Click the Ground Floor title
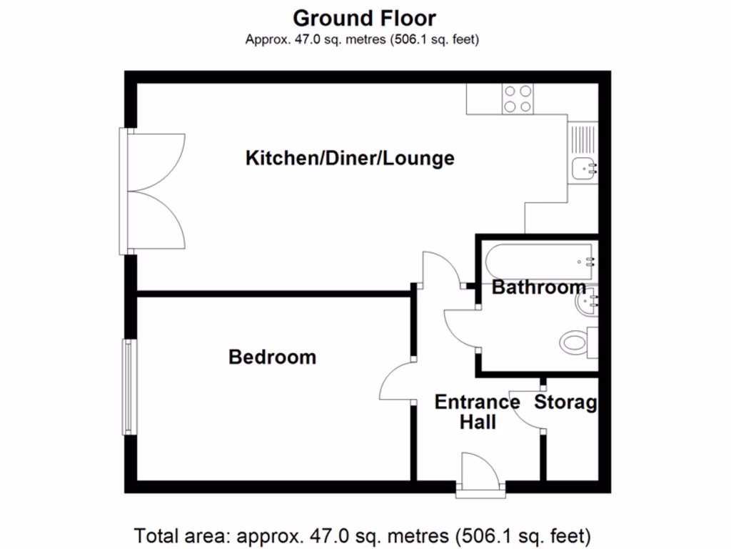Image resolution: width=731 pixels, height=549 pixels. tap(364, 17)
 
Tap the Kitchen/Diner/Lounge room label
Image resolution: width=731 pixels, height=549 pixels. tap(350, 158)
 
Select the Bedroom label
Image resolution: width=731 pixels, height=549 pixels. tap(272, 357)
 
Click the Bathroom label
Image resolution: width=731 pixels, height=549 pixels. tap(539, 287)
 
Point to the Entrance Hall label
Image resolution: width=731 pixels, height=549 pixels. tap(477, 412)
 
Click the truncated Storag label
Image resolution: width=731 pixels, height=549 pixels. tap(565, 402)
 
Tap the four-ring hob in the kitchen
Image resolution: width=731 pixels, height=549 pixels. tap(518, 99)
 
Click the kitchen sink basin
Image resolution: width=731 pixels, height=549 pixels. tap(584, 169)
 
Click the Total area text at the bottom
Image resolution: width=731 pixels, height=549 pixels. tap(363, 535)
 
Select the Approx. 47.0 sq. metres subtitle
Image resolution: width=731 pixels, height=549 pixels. tap(362, 39)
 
